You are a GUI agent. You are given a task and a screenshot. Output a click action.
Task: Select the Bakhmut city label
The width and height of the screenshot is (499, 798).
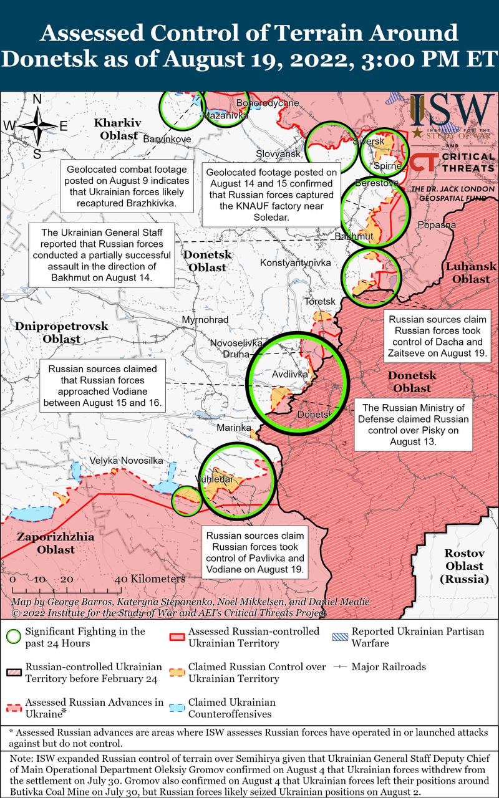[354, 236]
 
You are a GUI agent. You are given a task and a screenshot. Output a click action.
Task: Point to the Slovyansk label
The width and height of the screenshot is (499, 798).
[278, 153]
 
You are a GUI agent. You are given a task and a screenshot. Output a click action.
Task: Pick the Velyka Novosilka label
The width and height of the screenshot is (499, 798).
[126, 460]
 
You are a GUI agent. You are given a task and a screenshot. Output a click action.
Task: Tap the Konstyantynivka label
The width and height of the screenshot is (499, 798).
[295, 263]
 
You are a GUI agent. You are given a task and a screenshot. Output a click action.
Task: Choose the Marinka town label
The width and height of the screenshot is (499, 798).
[234, 428]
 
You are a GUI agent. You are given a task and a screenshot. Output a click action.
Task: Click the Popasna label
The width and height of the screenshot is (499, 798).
[437, 224]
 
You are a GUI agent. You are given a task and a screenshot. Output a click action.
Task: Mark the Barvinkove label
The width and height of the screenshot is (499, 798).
[167, 139]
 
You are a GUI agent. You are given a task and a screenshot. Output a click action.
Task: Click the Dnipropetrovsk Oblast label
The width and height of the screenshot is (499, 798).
[62, 332]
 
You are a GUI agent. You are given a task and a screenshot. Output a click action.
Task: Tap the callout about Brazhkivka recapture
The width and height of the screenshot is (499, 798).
[127, 186]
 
